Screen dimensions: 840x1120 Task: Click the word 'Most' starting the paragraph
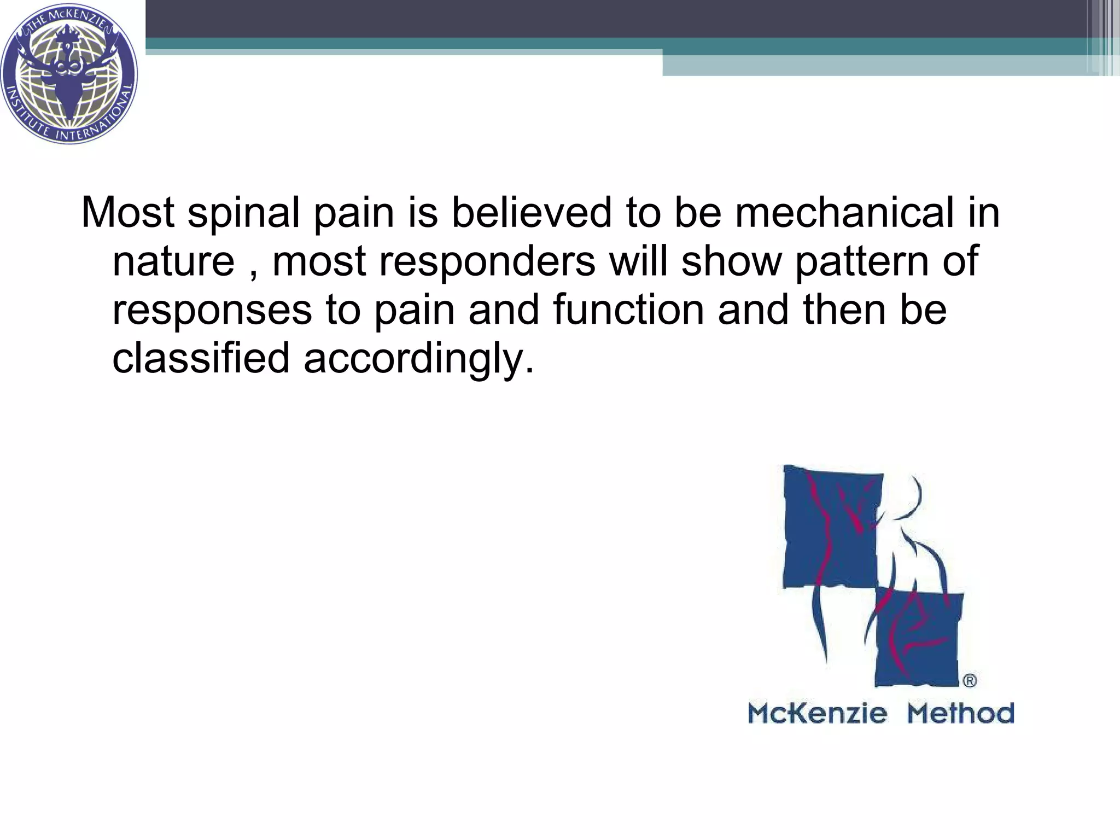click(x=127, y=212)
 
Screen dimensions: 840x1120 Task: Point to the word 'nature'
click(x=173, y=262)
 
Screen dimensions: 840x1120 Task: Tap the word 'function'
click(x=628, y=310)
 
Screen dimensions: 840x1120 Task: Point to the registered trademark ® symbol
click(x=969, y=681)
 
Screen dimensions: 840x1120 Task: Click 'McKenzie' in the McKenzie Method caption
click(x=816, y=714)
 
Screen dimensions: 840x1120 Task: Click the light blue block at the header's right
click(x=875, y=65)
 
